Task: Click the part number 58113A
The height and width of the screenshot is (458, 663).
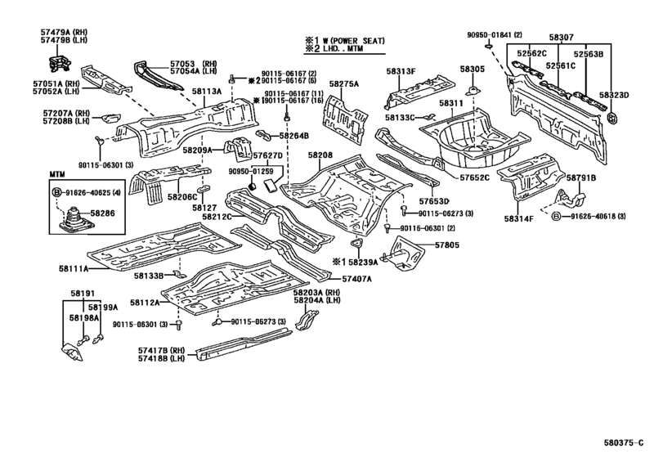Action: (x=206, y=91)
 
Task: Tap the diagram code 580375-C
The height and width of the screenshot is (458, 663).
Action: (x=624, y=442)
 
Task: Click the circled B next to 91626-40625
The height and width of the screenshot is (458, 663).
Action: (x=57, y=193)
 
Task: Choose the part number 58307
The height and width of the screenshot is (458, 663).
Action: (x=561, y=38)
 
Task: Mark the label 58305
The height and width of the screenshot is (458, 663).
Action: (x=473, y=69)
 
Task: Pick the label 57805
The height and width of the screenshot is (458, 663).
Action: (x=446, y=245)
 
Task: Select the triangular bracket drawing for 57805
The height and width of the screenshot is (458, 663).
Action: (x=403, y=254)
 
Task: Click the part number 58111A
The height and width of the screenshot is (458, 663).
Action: (x=74, y=268)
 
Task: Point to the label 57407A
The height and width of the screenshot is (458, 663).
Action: (x=357, y=279)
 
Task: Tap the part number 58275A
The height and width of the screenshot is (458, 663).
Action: (x=344, y=84)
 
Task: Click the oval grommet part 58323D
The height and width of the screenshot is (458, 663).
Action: (x=611, y=117)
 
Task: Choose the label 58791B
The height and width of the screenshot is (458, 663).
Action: (x=581, y=178)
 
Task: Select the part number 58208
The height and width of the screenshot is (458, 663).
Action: (x=320, y=155)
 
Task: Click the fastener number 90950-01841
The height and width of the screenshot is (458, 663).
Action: (x=490, y=34)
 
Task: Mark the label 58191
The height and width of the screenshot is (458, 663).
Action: (x=83, y=293)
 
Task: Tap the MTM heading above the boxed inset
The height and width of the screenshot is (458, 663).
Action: (x=56, y=174)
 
